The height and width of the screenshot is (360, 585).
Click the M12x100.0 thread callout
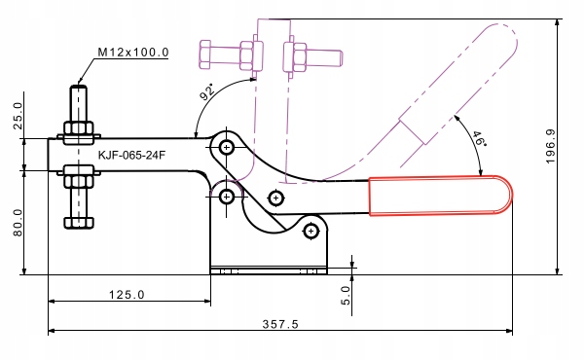click(x=132, y=52)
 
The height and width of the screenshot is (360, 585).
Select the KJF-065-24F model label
click(x=131, y=155)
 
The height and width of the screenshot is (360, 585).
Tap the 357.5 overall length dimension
click(x=280, y=324)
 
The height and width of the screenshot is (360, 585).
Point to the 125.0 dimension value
click(x=127, y=295)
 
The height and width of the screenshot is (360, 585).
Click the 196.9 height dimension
click(x=550, y=146)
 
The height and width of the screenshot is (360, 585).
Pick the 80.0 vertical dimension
click(x=18, y=223)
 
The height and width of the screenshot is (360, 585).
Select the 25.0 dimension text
click(x=18, y=116)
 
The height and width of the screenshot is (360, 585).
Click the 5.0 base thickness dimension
click(x=346, y=296)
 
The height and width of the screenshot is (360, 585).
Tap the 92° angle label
click(x=207, y=92)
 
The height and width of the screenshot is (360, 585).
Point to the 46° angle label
click(x=479, y=139)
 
